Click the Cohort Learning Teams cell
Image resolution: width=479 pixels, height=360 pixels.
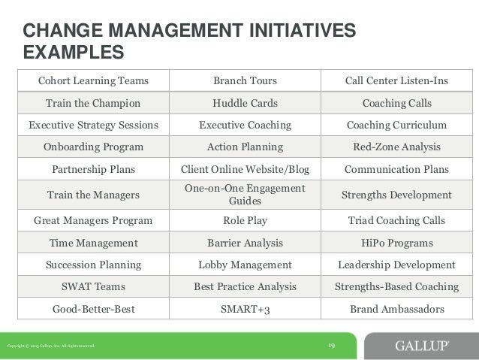point(94,80)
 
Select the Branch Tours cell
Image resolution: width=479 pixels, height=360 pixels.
point(246,80)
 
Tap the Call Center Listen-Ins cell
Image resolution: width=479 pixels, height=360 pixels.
point(396,80)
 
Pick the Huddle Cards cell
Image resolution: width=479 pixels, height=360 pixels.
point(246,103)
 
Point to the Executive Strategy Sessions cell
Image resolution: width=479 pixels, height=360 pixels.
point(94,125)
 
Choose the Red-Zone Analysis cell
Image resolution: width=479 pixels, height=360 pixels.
point(396,147)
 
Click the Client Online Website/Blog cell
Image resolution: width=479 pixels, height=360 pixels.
point(246,169)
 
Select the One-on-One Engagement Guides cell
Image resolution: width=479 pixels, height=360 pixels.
point(246,195)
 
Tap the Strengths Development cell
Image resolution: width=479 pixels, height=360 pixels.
point(396,195)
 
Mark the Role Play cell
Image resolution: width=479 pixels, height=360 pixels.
point(246,221)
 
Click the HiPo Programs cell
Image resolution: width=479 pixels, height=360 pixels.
point(396,243)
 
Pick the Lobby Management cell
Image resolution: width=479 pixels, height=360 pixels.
point(246,265)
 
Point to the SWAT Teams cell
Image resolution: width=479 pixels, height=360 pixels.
point(94,286)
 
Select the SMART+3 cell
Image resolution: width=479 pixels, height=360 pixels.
point(246,309)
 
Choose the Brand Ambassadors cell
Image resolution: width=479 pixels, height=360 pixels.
point(396,309)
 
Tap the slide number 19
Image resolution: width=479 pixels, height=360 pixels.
point(331,345)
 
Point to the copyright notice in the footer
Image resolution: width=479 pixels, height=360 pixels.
point(50,346)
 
